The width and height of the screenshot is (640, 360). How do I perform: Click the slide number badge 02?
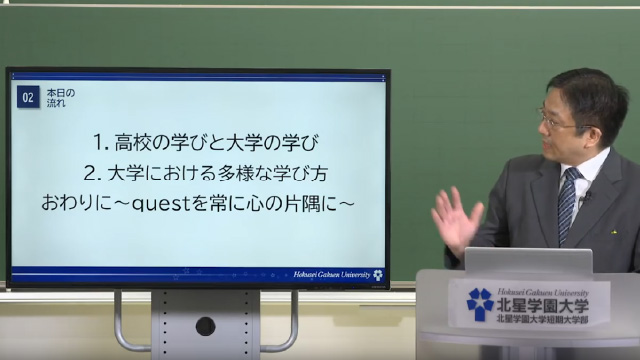[28, 97]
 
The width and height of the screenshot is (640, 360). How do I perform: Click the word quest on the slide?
[148, 203]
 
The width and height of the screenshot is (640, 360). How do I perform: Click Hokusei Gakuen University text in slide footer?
[331, 274]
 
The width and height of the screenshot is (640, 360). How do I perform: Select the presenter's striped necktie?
[569, 204]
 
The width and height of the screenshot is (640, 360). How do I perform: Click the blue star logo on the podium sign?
[480, 303]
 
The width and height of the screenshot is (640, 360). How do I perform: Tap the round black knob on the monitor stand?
[205, 326]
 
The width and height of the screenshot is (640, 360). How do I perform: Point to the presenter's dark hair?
[590, 90]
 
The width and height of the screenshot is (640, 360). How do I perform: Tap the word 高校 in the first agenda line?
[135, 141]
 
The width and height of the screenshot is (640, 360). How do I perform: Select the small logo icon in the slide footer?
[377, 274]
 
